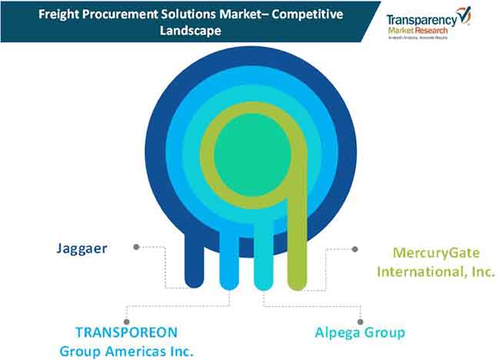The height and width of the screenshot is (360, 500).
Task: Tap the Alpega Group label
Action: (x=359, y=332)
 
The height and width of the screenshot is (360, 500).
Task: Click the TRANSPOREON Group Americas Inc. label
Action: (x=126, y=341)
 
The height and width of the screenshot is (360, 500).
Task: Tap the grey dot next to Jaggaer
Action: (x=137, y=247)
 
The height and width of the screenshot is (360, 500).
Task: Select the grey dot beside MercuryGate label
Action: (x=355, y=249)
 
